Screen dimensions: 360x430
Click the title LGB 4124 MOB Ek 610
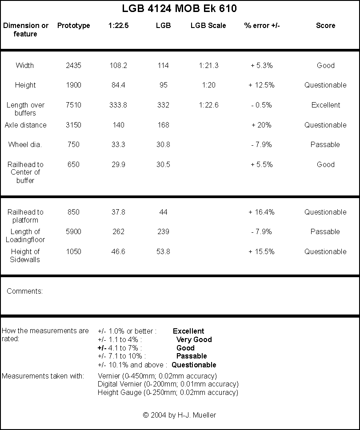coord(179,8)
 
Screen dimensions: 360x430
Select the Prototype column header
coord(73,25)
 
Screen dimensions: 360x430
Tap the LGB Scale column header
coord(208,25)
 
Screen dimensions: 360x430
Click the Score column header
coord(325,25)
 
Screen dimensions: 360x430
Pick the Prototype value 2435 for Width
coord(73,65)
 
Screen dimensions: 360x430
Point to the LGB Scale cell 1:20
coord(208,85)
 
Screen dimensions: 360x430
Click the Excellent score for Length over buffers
coord(325,105)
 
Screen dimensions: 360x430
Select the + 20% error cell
coord(261,125)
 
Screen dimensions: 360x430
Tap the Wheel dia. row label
coord(25,144)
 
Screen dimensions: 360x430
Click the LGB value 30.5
coord(163,164)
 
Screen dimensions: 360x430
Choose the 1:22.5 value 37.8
coord(118,212)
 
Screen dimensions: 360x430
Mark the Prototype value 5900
coord(73,231)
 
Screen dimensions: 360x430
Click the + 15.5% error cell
coord(261,251)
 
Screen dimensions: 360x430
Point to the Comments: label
coord(25,291)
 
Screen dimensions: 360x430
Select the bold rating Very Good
coord(194,339)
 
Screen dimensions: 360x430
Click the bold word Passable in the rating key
coord(192,356)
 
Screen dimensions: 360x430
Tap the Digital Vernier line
coord(168,384)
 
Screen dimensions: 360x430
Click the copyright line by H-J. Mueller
coord(180,415)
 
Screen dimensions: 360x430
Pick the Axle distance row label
coord(25,125)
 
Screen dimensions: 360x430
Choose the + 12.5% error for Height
coord(261,85)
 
